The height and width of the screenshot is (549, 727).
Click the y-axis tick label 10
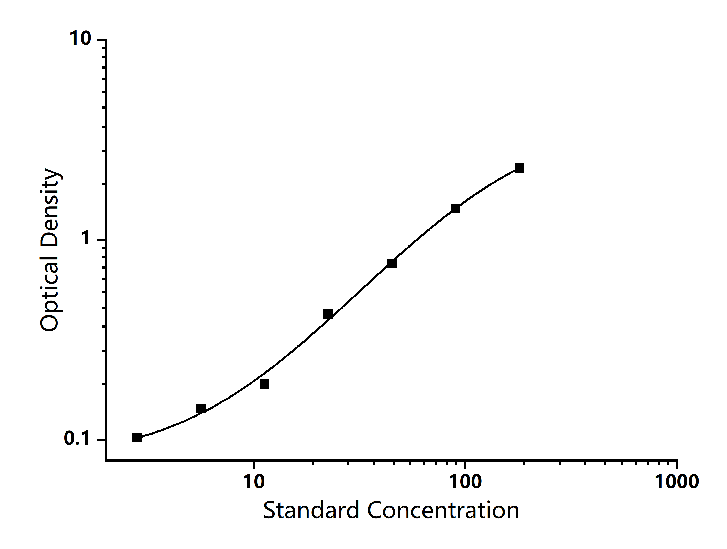coord(80,39)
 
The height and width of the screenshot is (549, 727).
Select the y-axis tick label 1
coord(86,238)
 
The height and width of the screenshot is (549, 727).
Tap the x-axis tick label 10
coord(254,482)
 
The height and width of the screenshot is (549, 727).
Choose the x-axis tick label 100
coord(465,482)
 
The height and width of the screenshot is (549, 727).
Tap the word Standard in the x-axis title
coord(311,511)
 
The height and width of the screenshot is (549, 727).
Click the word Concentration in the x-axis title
coord(443,511)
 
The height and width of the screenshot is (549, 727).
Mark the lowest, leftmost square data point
coord(137,437)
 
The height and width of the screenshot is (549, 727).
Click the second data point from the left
coord(201,409)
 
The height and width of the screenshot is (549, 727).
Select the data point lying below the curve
coord(264,384)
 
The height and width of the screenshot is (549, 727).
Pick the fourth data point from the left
coord(328,314)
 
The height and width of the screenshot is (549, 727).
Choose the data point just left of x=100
coord(455,208)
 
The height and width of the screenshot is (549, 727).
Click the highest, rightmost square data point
coord(519,168)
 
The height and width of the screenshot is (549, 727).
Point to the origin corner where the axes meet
coord(106,460)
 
